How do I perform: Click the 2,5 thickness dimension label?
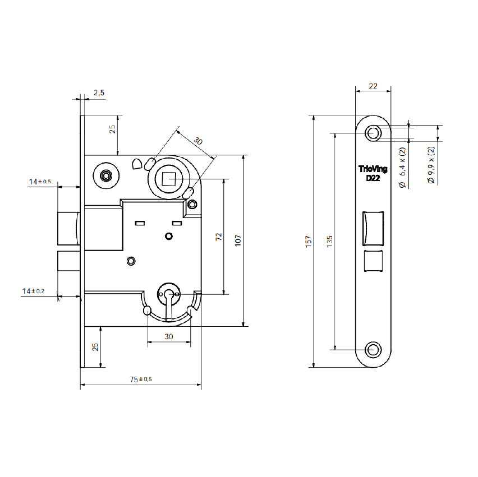(x=99, y=92)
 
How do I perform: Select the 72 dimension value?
(x=219, y=237)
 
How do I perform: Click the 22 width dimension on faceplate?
(x=373, y=86)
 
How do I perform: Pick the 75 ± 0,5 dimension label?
(x=141, y=379)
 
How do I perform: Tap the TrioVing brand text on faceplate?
(x=373, y=169)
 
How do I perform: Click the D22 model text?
(x=373, y=178)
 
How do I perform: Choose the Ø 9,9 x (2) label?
(x=431, y=165)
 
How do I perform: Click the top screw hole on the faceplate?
(x=373, y=133)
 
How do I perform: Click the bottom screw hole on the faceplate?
(x=373, y=349)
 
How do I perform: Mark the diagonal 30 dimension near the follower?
(x=197, y=141)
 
